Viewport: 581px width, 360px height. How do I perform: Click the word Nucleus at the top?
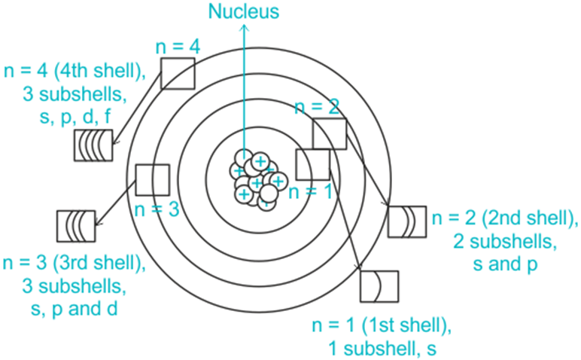[x=243, y=11]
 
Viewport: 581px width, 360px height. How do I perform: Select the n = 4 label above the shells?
[x=178, y=46]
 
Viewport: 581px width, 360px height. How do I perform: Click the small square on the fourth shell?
[x=178, y=73]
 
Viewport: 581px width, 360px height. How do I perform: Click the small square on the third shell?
[x=153, y=180]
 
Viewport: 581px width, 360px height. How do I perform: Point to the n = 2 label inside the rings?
[x=316, y=107]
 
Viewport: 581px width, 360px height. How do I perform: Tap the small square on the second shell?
[x=329, y=134]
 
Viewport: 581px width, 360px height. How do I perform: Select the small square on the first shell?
[x=313, y=165]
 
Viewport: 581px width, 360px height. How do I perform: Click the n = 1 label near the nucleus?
[x=310, y=191]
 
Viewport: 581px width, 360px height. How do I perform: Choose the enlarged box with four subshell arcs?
[x=93, y=145]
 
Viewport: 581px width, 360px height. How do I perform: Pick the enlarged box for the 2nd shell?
[x=407, y=221]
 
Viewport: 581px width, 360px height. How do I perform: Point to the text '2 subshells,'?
[x=503, y=242]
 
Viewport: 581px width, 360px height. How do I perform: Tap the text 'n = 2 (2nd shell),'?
[x=504, y=219]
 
